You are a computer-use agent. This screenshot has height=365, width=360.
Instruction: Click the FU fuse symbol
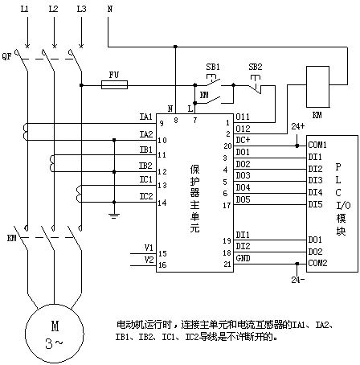coord(114,85)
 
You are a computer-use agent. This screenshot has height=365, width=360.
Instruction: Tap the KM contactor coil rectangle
coord(317,87)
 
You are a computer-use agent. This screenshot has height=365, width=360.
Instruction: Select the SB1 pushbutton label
coord(213,67)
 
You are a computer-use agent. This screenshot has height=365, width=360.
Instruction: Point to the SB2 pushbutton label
coord(256,67)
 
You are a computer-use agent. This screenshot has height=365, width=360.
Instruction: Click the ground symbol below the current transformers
coord(114,215)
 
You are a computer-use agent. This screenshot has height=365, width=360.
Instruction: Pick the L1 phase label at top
coord(24,9)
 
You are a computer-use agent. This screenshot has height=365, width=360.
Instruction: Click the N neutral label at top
coord(110,9)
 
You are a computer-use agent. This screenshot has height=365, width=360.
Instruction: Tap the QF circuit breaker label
coord(6,56)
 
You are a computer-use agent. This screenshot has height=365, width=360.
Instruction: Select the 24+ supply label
coord(298,126)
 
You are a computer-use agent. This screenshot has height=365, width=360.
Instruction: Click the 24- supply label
coord(298,280)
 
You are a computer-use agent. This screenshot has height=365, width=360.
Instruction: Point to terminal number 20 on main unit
coord(227,146)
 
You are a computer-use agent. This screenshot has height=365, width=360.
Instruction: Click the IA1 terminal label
coord(146,117)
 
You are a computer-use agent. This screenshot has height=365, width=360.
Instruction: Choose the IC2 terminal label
coord(146,196)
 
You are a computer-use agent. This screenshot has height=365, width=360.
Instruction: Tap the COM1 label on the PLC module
coord(317,145)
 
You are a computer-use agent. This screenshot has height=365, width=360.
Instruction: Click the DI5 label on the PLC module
coord(315,204)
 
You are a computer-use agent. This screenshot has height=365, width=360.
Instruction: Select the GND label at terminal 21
coord(243,258)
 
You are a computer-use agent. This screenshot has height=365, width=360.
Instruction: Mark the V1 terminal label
coord(149,248)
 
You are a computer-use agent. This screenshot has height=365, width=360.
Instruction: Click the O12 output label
coord(243,129)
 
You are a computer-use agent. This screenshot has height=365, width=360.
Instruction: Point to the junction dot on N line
coord(175,47)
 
